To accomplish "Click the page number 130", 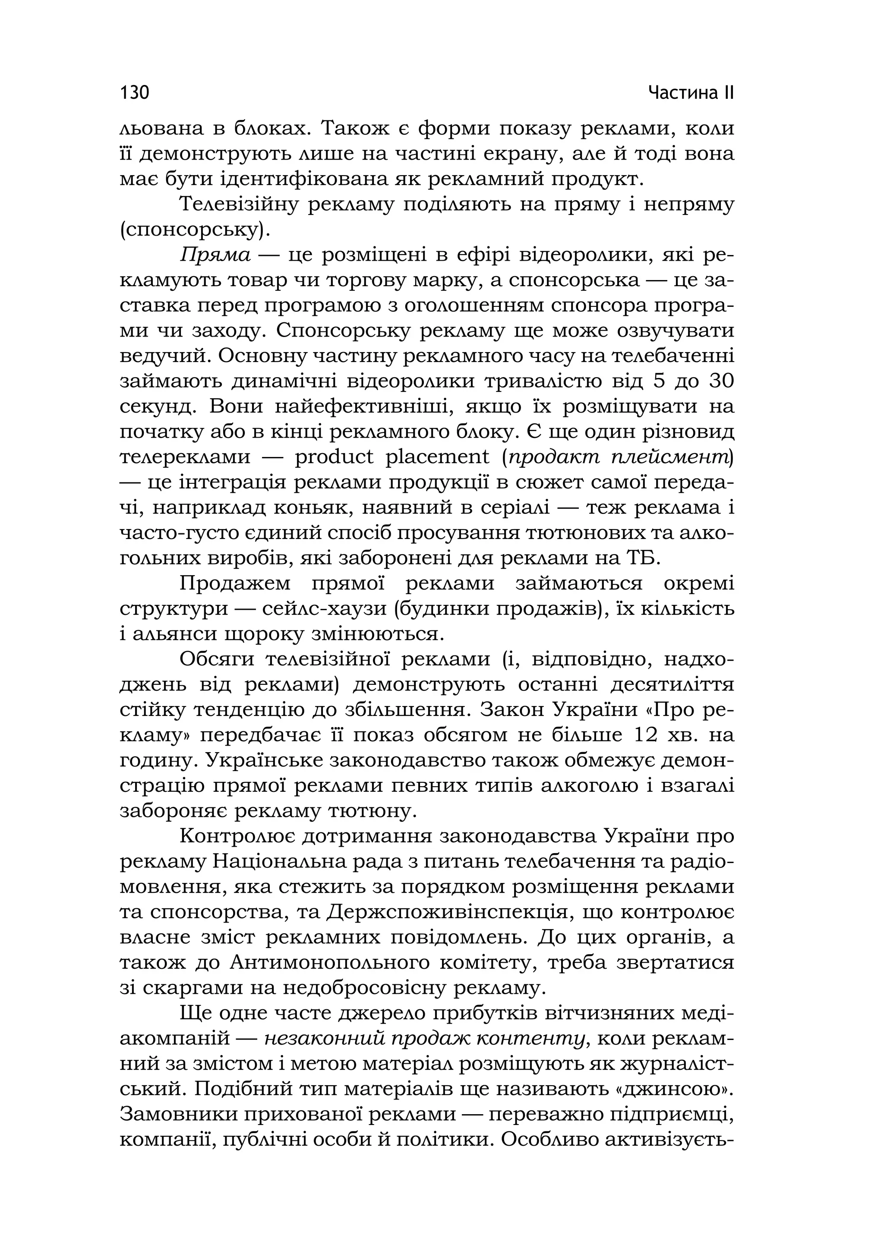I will (134, 93).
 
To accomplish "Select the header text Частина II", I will (691, 93).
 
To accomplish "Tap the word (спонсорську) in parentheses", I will (195, 230).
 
